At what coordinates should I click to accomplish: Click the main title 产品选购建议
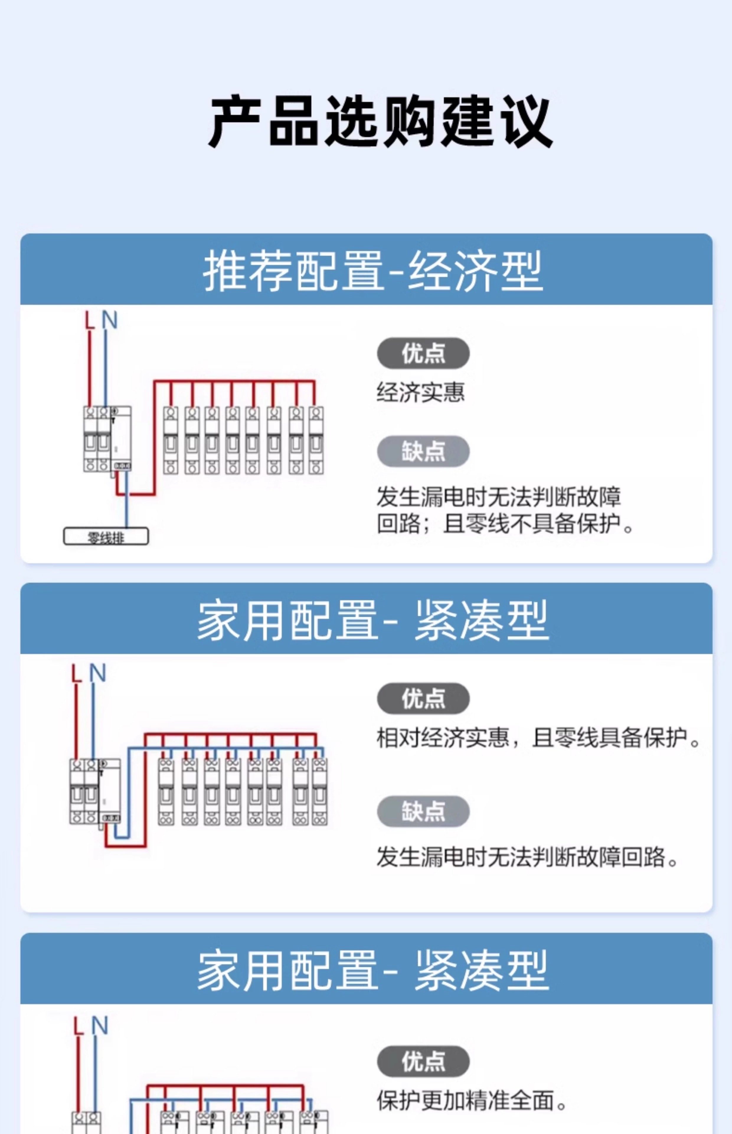point(380,122)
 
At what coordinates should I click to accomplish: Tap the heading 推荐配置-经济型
point(373,271)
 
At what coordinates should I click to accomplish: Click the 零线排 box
point(106,537)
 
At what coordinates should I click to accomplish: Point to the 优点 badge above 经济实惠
point(423,353)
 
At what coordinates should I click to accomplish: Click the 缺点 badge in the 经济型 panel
point(423,451)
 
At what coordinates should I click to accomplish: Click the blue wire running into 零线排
point(126,504)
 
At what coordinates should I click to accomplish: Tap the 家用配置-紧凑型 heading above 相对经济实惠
point(373,620)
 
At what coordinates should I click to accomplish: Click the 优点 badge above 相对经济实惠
point(423,698)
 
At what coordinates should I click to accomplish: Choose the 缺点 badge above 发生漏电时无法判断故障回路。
point(423,811)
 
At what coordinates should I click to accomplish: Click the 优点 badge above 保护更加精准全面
point(423,1061)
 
